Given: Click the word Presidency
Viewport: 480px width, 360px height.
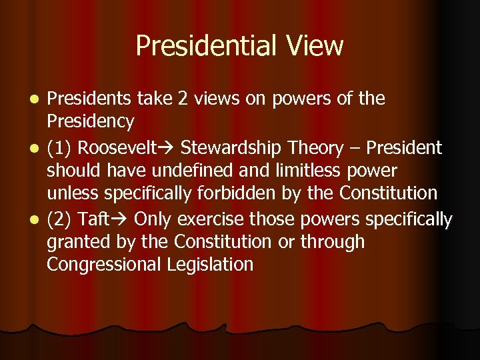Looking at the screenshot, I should pos(91,122).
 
